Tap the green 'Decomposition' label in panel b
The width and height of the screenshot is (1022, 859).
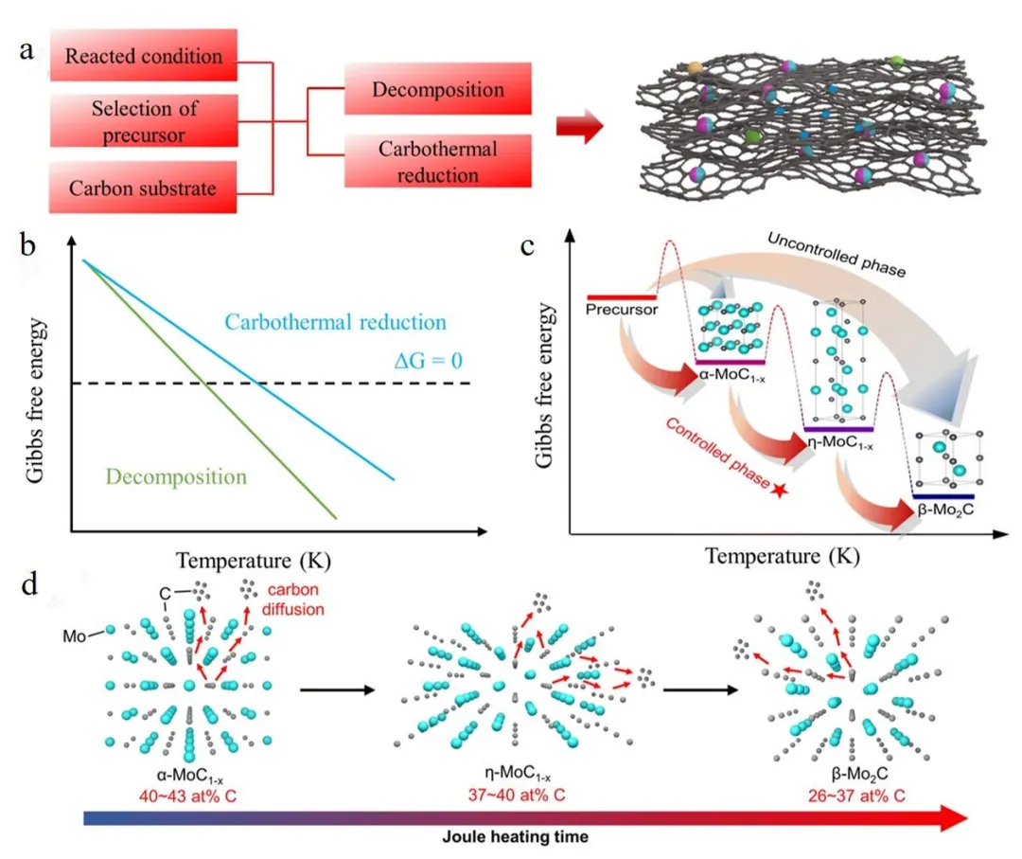tap(176, 475)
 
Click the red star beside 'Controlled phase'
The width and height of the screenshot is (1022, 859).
tap(780, 490)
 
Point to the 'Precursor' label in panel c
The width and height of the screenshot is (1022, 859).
tap(622, 309)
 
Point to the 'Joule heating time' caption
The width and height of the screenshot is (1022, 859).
tap(512, 837)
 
